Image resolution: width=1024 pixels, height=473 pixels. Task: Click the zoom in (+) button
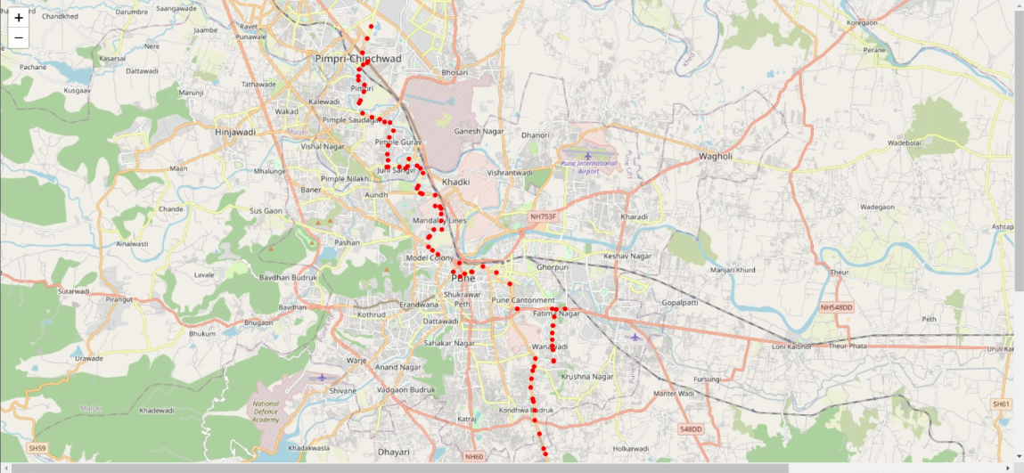click(19, 17)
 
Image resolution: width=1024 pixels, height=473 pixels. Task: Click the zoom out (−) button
click(19, 37)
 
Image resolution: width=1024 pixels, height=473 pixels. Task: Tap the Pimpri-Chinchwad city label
click(358, 59)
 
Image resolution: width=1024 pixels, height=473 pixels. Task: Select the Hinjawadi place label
click(235, 132)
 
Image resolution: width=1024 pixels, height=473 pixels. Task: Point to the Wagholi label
click(716, 156)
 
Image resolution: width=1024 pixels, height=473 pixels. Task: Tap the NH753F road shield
click(543, 216)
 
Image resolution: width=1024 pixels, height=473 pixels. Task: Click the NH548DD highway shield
click(836, 307)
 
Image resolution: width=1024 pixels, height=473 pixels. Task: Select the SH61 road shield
click(1002, 404)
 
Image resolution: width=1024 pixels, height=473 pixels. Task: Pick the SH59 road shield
click(37, 447)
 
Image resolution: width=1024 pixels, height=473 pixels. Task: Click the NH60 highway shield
click(473, 457)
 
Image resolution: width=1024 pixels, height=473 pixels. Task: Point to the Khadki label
click(455, 181)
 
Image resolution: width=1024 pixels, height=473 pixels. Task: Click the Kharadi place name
click(635, 216)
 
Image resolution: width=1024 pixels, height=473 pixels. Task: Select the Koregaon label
click(862, 22)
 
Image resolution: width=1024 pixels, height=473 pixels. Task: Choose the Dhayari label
click(393, 453)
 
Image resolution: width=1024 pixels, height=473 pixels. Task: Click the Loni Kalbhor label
click(791, 346)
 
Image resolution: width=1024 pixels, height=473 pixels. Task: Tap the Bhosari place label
click(455, 72)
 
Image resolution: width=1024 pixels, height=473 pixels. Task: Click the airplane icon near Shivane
click(322, 377)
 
